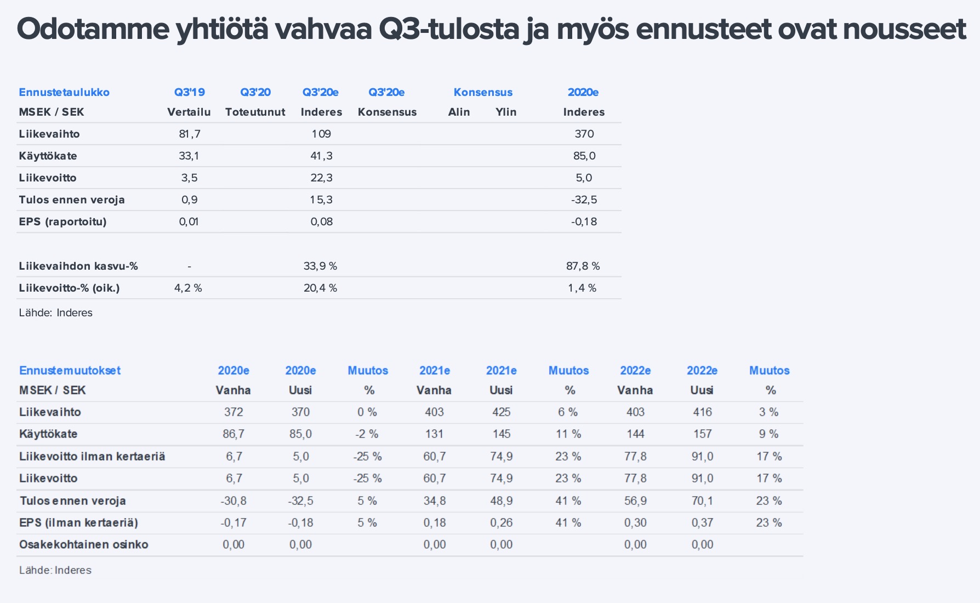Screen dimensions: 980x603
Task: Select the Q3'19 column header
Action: pyautogui.click(x=189, y=92)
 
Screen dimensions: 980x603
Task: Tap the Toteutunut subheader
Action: pyautogui.click(x=255, y=112)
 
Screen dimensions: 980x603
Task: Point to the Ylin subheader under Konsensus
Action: pyautogui.click(x=506, y=112)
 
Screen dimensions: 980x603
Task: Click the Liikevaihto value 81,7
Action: pyautogui.click(x=189, y=134)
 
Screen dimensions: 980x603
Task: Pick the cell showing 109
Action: pyautogui.click(x=321, y=134)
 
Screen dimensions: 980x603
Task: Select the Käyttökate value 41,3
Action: pyautogui.click(x=321, y=156)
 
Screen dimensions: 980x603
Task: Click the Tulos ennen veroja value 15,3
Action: pyautogui.click(x=321, y=200)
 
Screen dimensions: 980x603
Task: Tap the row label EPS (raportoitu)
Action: pyautogui.click(x=62, y=221)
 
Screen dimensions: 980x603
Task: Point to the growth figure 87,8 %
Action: pyautogui.click(x=583, y=266)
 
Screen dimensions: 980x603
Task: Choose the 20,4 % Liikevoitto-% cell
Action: pyautogui.click(x=321, y=288)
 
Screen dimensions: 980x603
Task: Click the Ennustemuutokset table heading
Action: pyautogui.click(x=70, y=370)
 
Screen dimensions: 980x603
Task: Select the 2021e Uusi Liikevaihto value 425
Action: pyautogui.click(x=502, y=412)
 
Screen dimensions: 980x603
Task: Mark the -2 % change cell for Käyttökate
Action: pyautogui.click(x=367, y=434)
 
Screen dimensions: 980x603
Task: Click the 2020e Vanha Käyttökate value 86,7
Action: pyautogui.click(x=233, y=434)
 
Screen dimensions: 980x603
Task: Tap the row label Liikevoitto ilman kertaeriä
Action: pyautogui.click(x=92, y=456)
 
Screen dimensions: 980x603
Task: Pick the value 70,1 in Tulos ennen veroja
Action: pyautogui.click(x=702, y=500)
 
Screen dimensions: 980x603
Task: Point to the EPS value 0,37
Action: pyautogui.click(x=702, y=522)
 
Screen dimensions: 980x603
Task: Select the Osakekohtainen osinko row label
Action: pyautogui.click(x=84, y=544)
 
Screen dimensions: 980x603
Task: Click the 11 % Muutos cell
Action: pyautogui.click(x=568, y=434)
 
